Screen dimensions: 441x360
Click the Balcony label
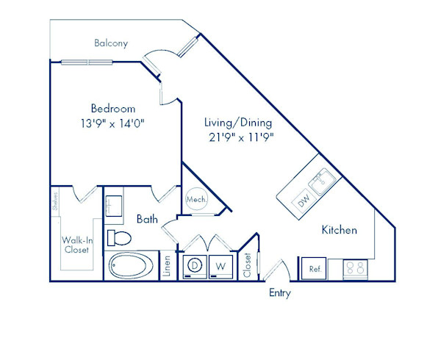(111, 43)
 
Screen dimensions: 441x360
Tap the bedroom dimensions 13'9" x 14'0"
(112, 123)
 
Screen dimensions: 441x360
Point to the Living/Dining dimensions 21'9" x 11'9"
(241, 137)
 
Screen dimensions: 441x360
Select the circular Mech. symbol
(197, 199)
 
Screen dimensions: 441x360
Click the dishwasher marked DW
(304, 201)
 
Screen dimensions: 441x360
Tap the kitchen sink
(322, 181)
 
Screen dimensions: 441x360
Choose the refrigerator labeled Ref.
(314, 269)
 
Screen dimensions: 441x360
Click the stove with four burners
(356, 270)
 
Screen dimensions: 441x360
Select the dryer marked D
(195, 267)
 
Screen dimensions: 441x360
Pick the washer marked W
(220, 267)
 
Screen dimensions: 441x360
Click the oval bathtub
(131, 266)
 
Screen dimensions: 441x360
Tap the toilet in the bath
(120, 238)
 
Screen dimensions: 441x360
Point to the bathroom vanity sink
(114, 206)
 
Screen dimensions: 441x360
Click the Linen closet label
(167, 266)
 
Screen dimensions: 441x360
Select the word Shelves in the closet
(55, 201)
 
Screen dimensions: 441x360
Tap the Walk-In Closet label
(77, 245)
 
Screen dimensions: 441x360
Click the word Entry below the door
(280, 293)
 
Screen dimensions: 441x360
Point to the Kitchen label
(340, 230)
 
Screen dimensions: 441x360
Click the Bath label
(147, 219)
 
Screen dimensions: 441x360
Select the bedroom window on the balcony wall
(87, 62)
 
